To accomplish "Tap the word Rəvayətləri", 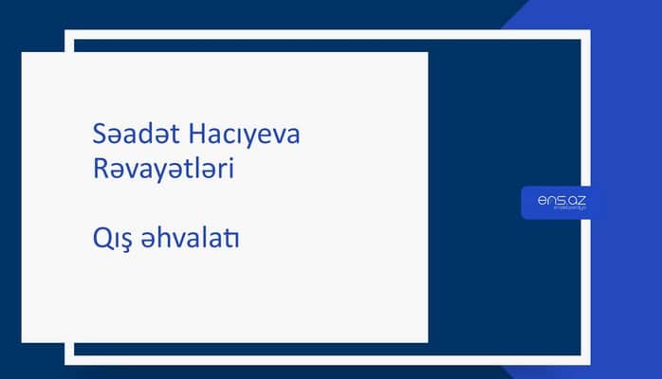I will coord(158,171).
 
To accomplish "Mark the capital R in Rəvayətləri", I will coord(89,171).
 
